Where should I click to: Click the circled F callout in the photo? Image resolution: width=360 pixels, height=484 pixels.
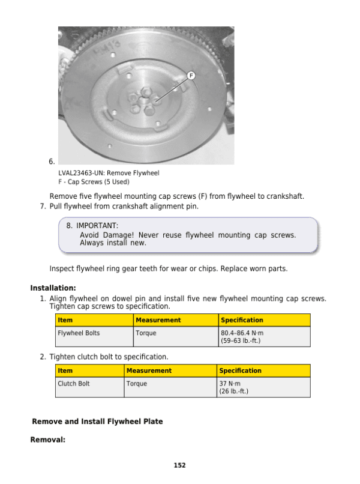pyautogui.click(x=191, y=76)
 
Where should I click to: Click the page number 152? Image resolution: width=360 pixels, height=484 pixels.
pyautogui.click(x=179, y=465)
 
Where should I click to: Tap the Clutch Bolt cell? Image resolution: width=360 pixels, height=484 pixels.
pyautogui.click(x=89, y=387)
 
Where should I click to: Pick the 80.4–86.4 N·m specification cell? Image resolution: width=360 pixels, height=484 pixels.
pyautogui.click(x=264, y=336)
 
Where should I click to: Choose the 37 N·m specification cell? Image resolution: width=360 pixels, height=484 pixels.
pyautogui.click(x=263, y=387)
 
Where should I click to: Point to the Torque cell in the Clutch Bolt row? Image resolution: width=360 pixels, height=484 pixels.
pyautogui.click(x=170, y=383)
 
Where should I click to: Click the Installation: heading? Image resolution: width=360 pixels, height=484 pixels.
pyautogui.click(x=53, y=288)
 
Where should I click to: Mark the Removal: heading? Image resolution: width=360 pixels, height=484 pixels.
pyautogui.click(x=47, y=440)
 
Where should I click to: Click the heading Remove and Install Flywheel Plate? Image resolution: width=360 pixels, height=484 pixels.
pyautogui.click(x=97, y=422)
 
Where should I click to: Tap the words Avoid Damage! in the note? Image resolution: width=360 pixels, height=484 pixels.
pyautogui.click(x=106, y=235)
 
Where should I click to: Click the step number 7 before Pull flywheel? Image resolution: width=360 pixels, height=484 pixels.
pyautogui.click(x=43, y=207)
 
